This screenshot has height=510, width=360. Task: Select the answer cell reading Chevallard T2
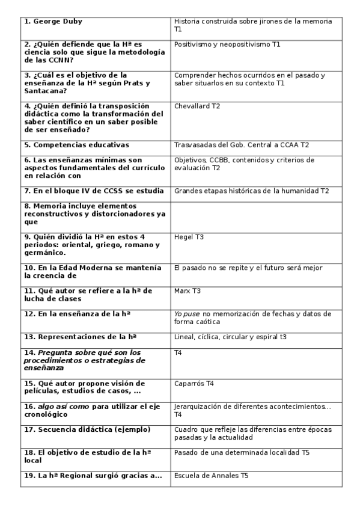pyautogui.click(x=197, y=106)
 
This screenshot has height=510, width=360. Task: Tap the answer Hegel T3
pyautogui.click(x=189, y=237)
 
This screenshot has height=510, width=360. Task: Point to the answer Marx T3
pyautogui.click(x=187, y=290)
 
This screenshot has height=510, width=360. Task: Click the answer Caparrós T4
pyautogui.click(x=194, y=383)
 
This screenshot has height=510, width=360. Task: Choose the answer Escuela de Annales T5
pyautogui.click(x=211, y=476)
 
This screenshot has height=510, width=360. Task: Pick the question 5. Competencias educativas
pyautogui.click(x=76, y=145)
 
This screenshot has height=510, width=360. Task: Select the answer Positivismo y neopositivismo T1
pyautogui.click(x=227, y=44)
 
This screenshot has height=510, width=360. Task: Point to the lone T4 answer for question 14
pyautogui.click(x=178, y=352)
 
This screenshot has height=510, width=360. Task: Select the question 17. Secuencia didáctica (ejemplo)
pyautogui.click(x=87, y=429)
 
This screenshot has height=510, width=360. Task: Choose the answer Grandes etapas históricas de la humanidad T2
pyautogui.click(x=252, y=191)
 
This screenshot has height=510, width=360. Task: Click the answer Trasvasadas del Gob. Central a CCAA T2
pyautogui.click(x=242, y=145)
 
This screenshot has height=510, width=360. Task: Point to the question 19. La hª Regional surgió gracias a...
pyautogui.click(x=93, y=476)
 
